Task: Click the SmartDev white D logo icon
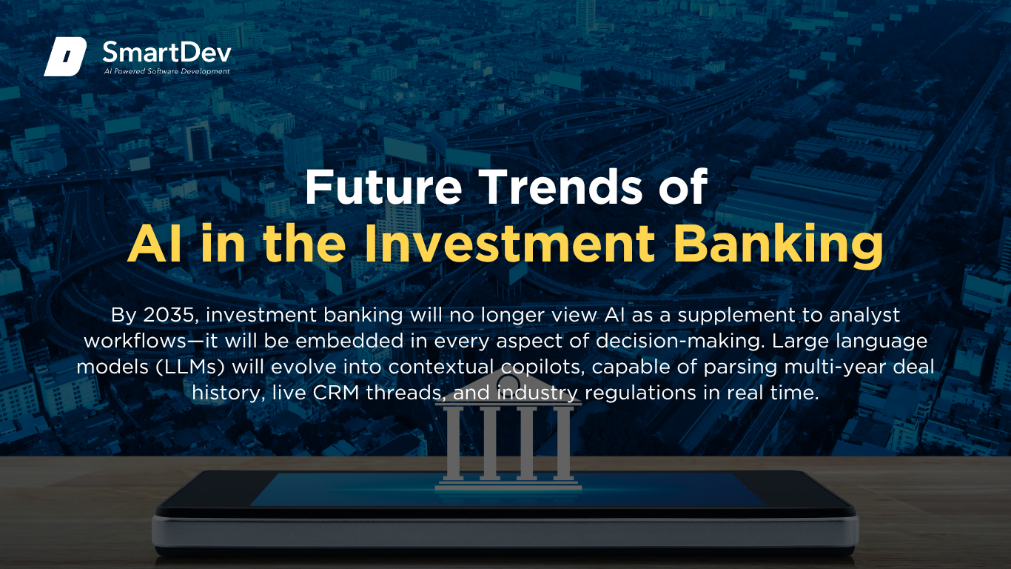coord(65,56)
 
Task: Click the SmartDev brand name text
coord(167,53)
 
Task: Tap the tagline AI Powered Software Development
coord(167,71)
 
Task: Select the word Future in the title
coord(383,187)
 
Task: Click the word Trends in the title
coord(560,187)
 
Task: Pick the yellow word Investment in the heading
coord(509,243)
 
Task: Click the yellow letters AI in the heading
coord(155,243)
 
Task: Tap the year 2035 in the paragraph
coord(169,315)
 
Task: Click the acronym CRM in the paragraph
coord(336,393)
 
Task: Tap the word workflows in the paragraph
coord(135,341)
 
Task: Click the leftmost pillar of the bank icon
coord(453,443)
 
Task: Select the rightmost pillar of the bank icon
coord(562,443)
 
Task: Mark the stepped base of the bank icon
coord(508,485)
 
